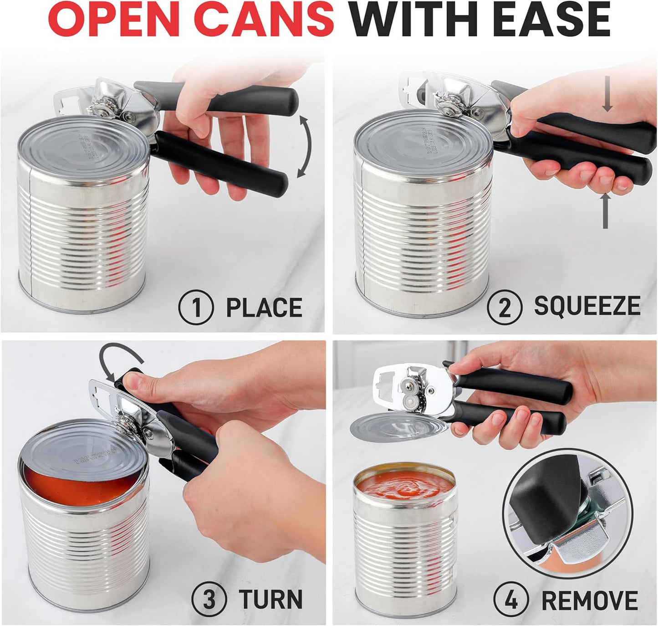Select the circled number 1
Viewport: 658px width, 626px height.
click(x=196, y=308)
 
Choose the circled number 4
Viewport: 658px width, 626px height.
click(x=511, y=600)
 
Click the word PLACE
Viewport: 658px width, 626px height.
click(x=264, y=308)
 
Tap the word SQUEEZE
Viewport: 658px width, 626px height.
click(x=587, y=306)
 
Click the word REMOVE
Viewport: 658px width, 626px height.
click(x=589, y=600)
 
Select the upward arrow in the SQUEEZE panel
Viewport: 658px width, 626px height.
click(x=605, y=210)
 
